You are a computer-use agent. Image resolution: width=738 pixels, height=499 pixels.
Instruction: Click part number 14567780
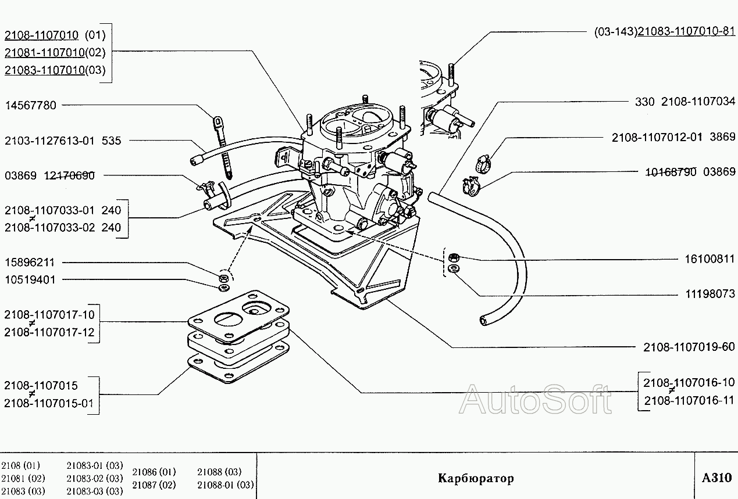pos(31,106)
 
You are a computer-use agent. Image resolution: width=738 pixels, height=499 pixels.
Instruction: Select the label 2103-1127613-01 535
pos(63,141)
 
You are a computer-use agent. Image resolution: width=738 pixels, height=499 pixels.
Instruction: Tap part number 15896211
pos(30,263)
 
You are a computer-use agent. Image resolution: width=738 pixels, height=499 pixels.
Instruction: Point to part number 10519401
pos(30,279)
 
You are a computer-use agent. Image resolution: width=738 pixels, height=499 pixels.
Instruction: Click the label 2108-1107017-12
pos(49,332)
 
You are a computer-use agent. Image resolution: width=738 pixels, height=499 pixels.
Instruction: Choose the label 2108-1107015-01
pos(49,403)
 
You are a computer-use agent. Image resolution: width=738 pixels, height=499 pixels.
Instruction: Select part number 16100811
pos(710,259)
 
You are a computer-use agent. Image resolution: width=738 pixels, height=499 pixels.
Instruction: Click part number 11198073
pos(710,294)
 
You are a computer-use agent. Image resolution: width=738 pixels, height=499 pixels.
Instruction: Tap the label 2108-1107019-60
pos(689,347)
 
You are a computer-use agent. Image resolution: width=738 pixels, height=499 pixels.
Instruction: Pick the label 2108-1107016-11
pos(689,400)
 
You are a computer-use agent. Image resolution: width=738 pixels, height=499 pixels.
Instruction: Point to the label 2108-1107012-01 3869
pos(673,138)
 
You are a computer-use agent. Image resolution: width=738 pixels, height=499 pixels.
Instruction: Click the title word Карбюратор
pos(476,479)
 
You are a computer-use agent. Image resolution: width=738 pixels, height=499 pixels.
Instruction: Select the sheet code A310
pos(716,478)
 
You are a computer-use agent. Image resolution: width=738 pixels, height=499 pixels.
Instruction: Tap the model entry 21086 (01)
pos(154,472)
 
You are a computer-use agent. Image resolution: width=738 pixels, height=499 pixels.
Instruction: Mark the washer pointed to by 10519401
pos(222,286)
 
